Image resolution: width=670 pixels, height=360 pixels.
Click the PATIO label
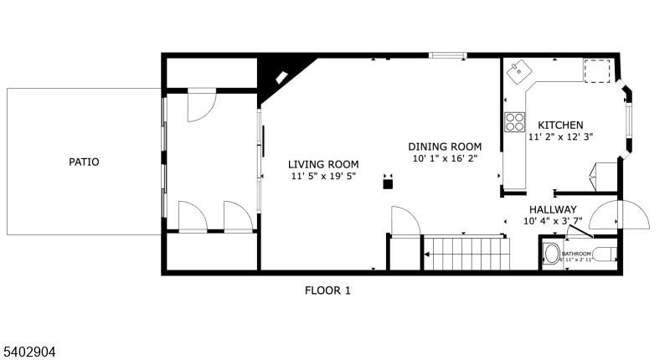[84, 162]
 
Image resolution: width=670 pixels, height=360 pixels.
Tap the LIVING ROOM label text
[324, 164]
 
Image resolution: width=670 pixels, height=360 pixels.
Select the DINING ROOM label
[445, 146]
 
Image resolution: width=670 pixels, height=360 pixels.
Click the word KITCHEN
[560, 125]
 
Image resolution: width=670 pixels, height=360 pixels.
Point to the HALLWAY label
[552, 209]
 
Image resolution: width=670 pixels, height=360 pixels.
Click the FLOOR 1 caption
[327, 291]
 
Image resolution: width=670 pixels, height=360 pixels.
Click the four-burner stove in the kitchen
[513, 123]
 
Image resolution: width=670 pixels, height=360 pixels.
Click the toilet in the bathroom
[552, 254]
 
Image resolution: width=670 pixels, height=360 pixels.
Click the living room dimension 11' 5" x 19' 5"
[324, 177]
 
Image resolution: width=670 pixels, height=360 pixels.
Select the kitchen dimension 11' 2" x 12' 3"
[560, 137]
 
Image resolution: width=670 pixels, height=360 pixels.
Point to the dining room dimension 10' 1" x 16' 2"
[445, 158]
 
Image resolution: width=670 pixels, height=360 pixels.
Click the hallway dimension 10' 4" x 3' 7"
[552, 222]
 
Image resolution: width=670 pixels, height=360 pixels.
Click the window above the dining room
[448, 56]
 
